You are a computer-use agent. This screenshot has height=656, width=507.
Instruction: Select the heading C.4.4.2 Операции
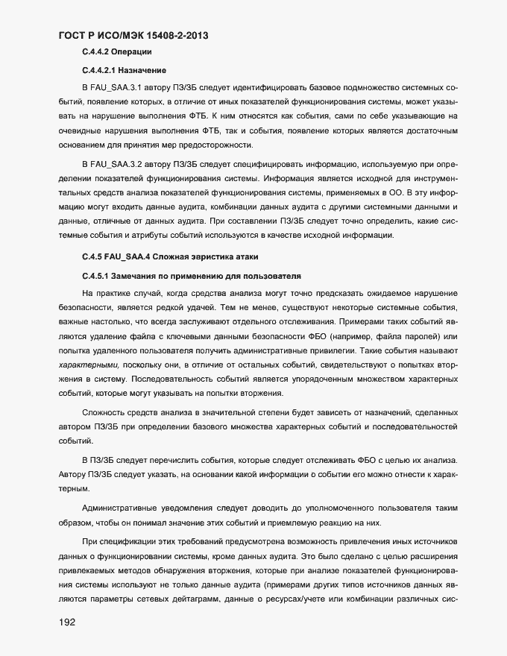coord(119,51)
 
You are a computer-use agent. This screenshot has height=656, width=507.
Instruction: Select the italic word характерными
coord(88,365)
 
